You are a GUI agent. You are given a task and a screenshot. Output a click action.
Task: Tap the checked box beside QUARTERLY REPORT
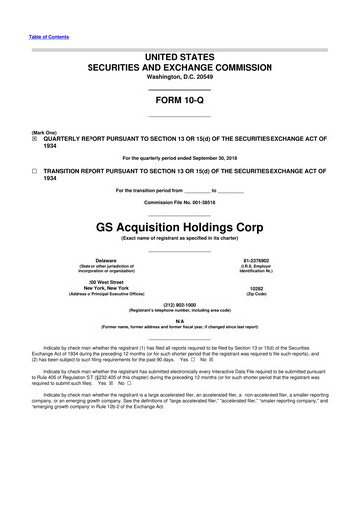tap(35, 140)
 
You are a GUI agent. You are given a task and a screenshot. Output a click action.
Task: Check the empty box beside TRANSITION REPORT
tap(35, 171)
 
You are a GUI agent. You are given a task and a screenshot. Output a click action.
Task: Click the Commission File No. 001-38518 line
tap(179, 202)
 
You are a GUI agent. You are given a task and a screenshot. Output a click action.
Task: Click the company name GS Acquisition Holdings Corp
tap(179, 225)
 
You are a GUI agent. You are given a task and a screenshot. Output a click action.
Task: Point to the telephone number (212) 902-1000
tap(179, 305)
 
